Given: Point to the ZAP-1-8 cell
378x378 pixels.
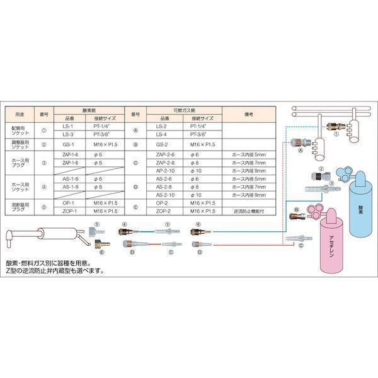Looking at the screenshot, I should tap(71, 161).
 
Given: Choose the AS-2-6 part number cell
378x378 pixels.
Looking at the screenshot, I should tap(161, 178).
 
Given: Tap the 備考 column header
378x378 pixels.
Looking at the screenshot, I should tap(248, 113).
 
